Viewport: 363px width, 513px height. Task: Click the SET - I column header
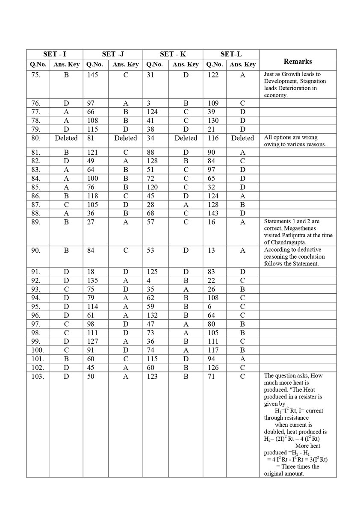(x=54, y=54)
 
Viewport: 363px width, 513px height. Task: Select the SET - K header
(x=173, y=54)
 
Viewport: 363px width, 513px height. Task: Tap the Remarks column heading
(x=298, y=61)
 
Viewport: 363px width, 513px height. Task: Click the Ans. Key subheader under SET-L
(x=242, y=65)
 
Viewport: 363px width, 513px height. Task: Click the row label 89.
(x=35, y=221)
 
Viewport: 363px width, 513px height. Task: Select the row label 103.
(x=37, y=376)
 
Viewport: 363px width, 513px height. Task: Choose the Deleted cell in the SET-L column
(x=242, y=138)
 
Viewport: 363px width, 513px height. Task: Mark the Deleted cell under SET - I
(x=66, y=138)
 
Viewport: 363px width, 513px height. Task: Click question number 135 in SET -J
(x=92, y=280)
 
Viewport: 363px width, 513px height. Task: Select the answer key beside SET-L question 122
(x=242, y=75)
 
